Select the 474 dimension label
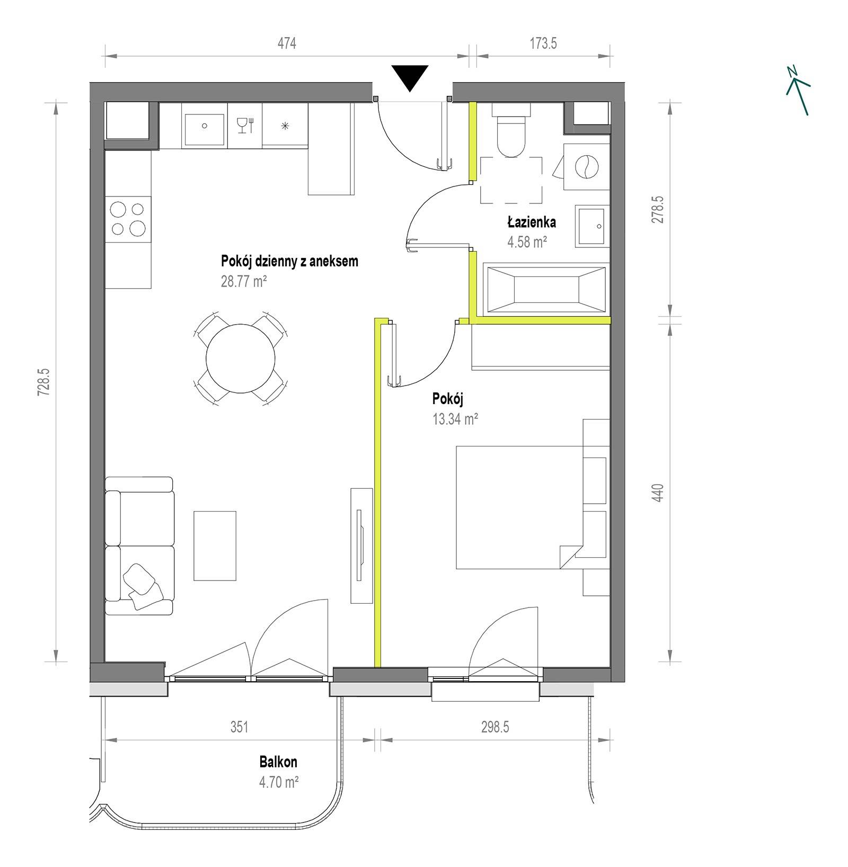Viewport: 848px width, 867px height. (x=287, y=43)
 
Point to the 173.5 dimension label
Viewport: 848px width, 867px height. (x=543, y=43)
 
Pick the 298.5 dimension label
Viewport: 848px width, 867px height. (x=495, y=727)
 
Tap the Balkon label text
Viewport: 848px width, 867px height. (x=278, y=762)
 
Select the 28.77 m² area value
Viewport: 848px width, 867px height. (x=244, y=281)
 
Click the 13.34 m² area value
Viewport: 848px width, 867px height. (x=456, y=419)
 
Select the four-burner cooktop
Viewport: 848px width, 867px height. (x=128, y=218)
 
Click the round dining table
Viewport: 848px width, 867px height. (x=241, y=357)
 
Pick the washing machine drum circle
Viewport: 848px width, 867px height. (x=587, y=166)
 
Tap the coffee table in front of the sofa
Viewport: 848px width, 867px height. (x=215, y=545)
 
